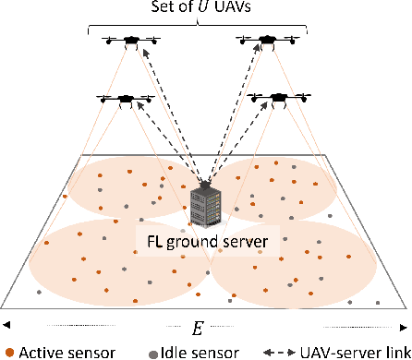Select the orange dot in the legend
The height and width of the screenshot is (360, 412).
(8, 352)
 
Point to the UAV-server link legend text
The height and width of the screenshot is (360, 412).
(352, 351)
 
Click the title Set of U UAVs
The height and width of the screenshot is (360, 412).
(203, 7)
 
